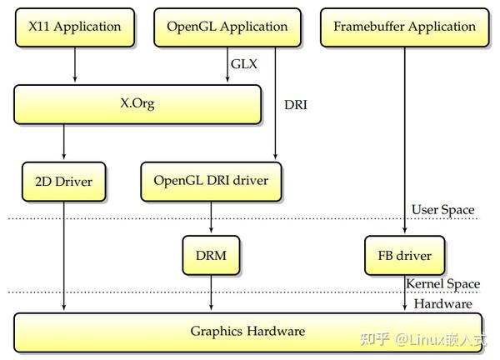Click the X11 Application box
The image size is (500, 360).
75,27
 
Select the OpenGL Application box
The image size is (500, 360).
227,27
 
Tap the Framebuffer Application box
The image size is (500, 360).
404,27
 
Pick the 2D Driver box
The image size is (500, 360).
62,180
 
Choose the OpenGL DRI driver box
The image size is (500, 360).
211,180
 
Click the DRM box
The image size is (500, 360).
211,254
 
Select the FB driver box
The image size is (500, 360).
404,254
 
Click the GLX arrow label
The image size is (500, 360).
243,63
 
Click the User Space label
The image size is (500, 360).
443,210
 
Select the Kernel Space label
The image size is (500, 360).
442,284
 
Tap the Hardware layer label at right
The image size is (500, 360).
442,304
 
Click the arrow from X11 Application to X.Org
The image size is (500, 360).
75,65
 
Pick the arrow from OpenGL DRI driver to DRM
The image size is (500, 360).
211,218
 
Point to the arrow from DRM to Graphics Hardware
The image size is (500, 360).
211,293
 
